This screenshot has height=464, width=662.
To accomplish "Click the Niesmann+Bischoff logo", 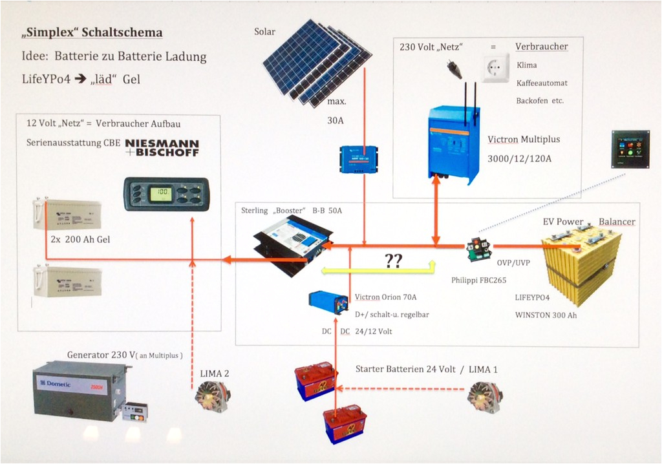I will [162, 147].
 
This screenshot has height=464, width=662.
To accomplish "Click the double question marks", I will [394, 260].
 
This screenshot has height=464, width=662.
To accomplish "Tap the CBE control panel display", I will [167, 194].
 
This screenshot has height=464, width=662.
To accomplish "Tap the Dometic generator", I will [81, 391].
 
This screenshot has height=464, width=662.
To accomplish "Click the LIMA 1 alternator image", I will [485, 395].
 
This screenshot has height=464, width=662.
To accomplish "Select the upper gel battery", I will [67, 215].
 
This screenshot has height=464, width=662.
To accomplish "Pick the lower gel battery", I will [67, 282].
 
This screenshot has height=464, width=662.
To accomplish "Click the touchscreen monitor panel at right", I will [630, 149].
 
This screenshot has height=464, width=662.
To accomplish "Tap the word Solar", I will [264, 32].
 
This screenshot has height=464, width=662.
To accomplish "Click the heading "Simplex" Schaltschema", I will [92, 33].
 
